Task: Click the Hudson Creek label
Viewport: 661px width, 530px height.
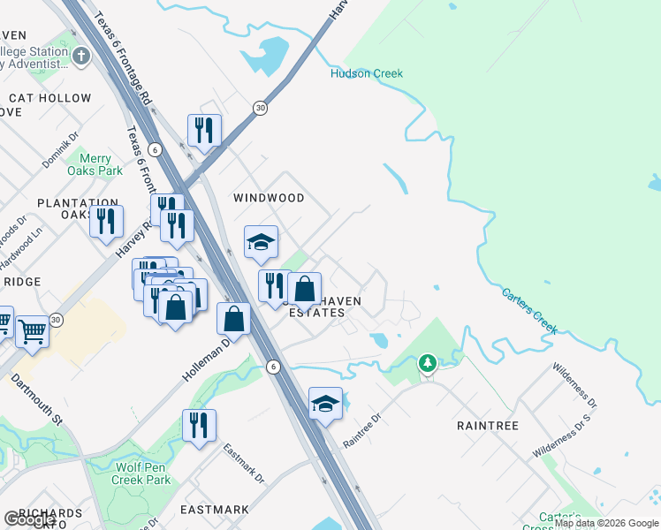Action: coord(367,73)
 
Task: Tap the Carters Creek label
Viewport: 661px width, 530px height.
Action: coord(530,310)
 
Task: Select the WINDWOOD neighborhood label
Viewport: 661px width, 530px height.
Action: coord(269,198)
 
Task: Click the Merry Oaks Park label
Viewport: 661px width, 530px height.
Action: coord(95,163)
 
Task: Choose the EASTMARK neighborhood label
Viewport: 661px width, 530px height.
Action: coord(215,510)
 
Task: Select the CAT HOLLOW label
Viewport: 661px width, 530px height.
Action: coord(50,98)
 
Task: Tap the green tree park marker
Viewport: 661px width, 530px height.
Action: coord(428,363)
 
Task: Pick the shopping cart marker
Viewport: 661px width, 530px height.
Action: coord(32,332)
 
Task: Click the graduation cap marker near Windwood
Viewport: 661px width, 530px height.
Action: coord(262,242)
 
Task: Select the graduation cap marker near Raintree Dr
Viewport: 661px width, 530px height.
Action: coord(325,404)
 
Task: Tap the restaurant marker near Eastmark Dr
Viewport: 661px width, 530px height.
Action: coord(199,425)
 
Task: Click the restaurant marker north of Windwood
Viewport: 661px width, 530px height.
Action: coord(204,131)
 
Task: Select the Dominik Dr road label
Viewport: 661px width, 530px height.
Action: coord(60,151)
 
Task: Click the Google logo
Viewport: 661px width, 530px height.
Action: coord(29,519)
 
